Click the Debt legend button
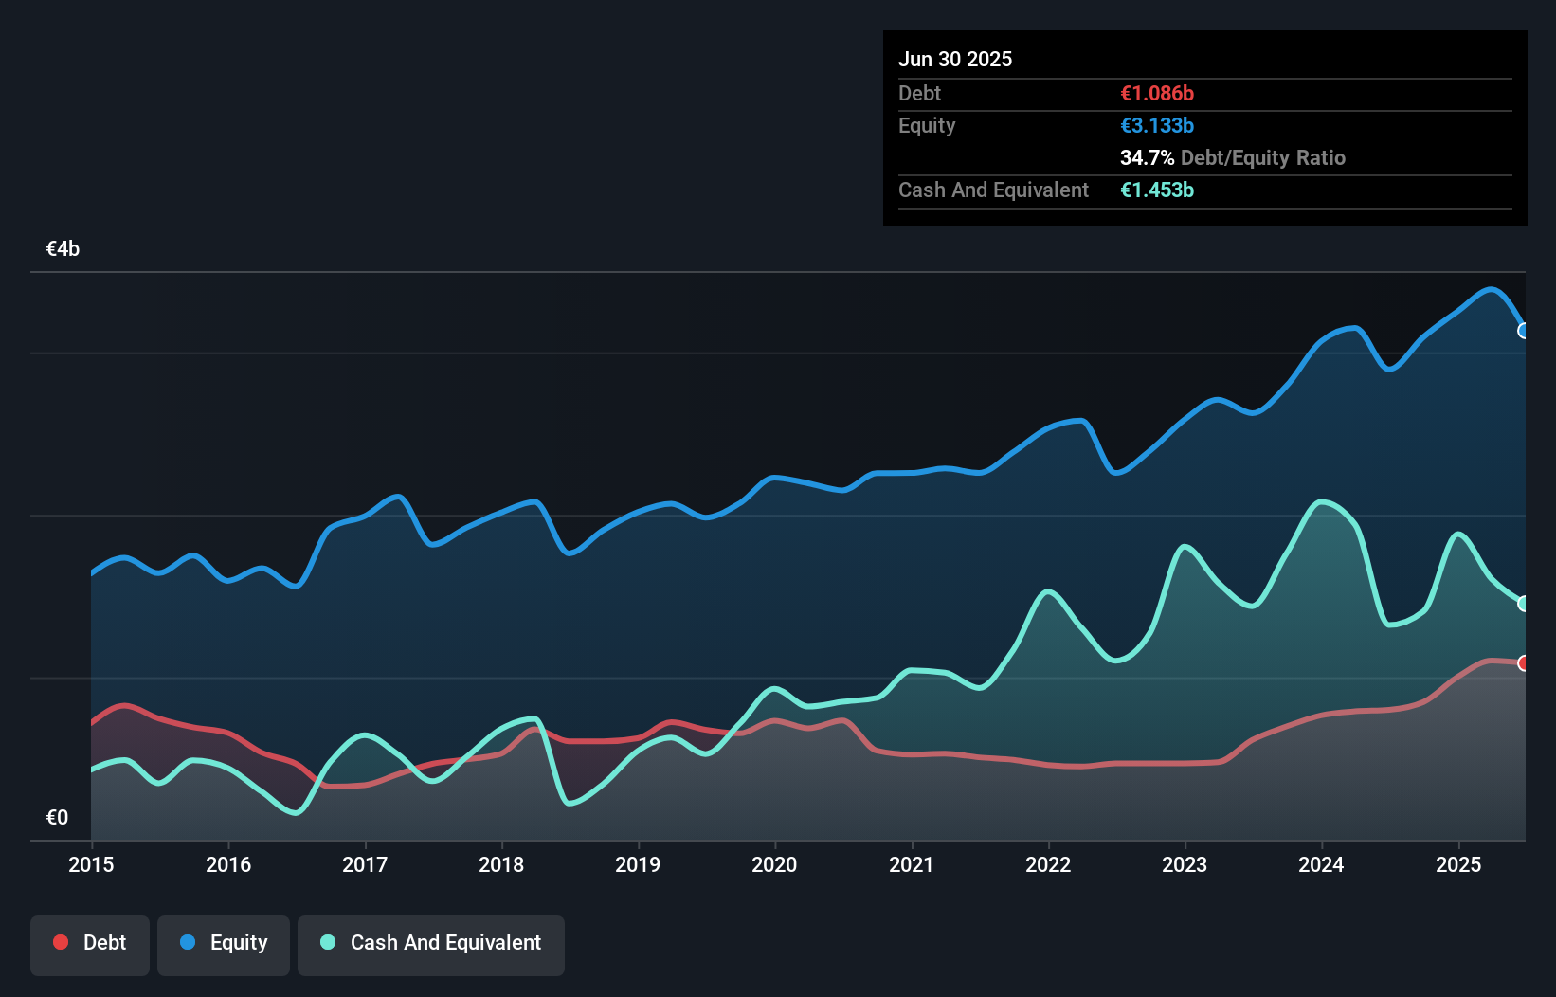[90, 943]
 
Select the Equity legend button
[224, 943]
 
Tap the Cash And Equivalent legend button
[431, 943]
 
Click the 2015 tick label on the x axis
[91, 864]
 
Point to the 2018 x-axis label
[501, 864]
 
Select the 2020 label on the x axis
[774, 864]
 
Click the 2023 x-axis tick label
[1185, 864]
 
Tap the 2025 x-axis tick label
[1458, 864]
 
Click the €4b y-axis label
[63, 249]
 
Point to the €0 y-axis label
[57, 817]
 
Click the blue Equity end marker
[1524, 331]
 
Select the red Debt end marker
[1524, 663]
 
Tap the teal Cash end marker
[1524, 604]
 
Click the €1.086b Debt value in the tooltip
[1156, 94]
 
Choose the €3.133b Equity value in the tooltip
[1156, 126]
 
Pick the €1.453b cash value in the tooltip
[1156, 190]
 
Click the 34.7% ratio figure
[1147, 158]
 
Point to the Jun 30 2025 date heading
[955, 60]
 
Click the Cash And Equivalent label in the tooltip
[993, 190]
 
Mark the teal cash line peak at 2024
[1321, 501]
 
